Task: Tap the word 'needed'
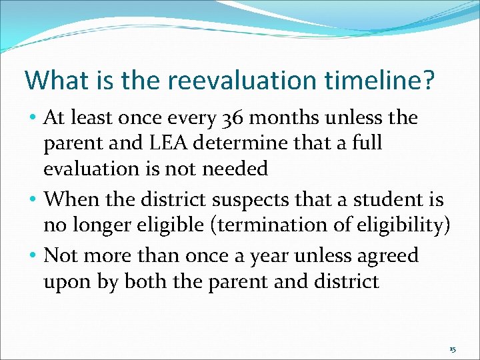235,169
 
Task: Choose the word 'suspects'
247,200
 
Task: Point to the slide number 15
453,349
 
